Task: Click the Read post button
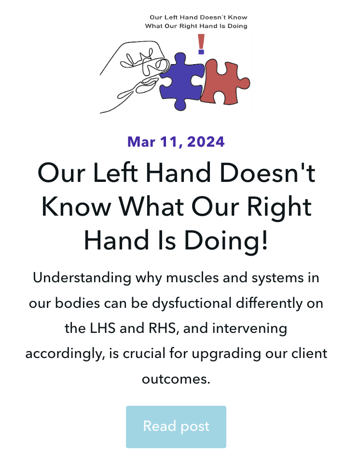pyautogui.click(x=176, y=427)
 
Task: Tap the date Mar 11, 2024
pyautogui.click(x=176, y=142)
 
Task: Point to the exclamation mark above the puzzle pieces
pyautogui.click(x=201, y=44)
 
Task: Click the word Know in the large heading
pyautogui.click(x=72, y=207)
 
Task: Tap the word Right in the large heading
pyautogui.click(x=278, y=207)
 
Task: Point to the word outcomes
pyautogui.click(x=176, y=379)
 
